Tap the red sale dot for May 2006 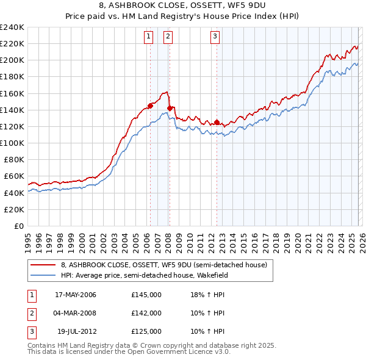(150, 106)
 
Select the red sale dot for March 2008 (170, 108)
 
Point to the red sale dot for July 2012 (217, 122)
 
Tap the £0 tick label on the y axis (18, 226)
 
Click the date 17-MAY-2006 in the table (75, 295)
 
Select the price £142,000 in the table (146, 313)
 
